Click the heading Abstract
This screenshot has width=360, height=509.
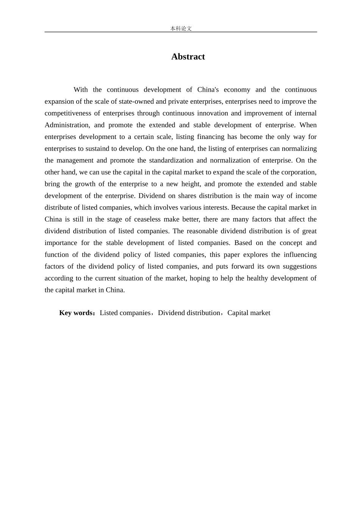click(188, 57)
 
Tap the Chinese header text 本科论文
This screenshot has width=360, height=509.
click(181, 28)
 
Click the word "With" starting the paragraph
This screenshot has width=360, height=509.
click(81, 90)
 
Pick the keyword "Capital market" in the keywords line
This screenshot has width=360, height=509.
click(249, 313)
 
